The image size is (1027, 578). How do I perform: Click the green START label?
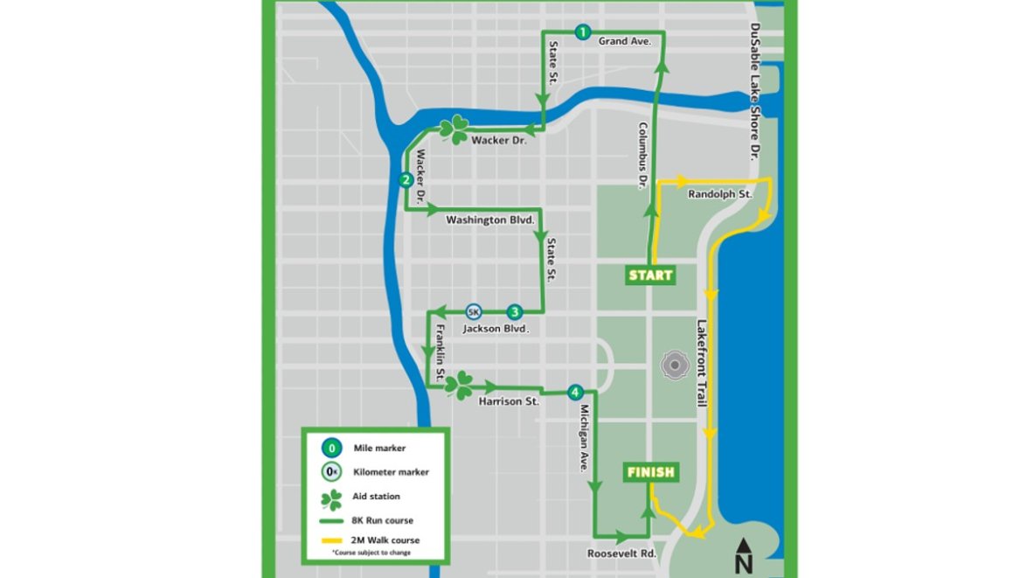tap(650, 275)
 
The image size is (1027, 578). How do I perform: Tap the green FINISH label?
tap(650, 472)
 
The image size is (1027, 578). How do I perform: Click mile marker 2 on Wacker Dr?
tap(406, 180)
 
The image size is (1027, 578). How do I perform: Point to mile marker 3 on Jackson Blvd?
tap(515, 311)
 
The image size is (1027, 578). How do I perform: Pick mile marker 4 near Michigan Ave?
tap(574, 392)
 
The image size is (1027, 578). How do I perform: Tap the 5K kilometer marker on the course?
tap(473, 311)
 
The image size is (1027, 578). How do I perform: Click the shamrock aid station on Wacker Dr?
tap(454, 130)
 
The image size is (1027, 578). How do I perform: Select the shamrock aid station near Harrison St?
tap(459, 385)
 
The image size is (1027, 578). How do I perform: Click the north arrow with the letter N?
tap(743, 553)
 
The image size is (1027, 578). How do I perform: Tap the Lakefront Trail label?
tap(701, 363)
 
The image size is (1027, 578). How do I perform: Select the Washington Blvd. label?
tap(489, 220)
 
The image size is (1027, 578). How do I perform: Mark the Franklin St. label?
tap(441, 350)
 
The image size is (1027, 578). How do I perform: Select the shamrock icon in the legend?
tap(331, 498)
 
